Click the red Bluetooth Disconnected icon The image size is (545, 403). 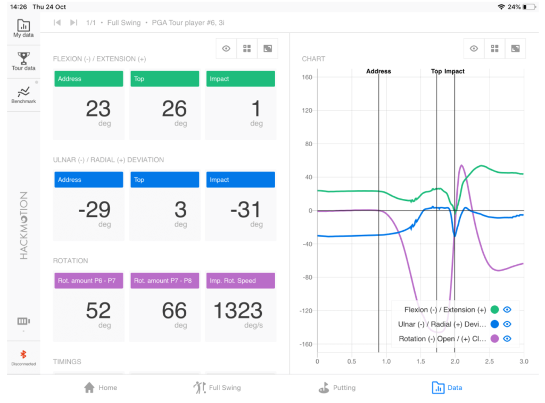[23, 355]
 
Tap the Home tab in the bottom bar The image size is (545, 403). [100, 388]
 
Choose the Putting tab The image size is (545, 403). [337, 388]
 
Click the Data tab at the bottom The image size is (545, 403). [447, 388]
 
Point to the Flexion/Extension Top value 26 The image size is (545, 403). [174, 109]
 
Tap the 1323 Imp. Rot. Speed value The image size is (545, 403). [238, 311]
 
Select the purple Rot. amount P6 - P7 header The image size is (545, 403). [89, 281]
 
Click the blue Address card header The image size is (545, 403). [89, 180]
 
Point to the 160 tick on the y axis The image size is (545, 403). [307, 78]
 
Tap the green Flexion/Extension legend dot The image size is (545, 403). [495, 309]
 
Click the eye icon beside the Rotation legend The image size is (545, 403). [507, 339]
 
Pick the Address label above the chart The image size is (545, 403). [378, 71]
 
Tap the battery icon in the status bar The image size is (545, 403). [529, 7]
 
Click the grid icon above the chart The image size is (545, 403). [494, 48]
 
